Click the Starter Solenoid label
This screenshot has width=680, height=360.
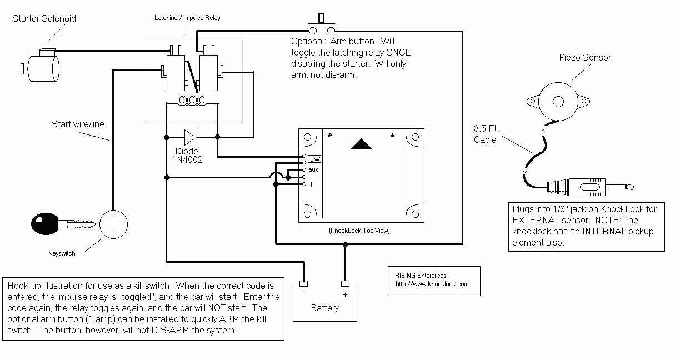coord(44,18)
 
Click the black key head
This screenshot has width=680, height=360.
coord(44,224)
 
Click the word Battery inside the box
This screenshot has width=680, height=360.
coord(325,308)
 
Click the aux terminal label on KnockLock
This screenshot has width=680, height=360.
coord(313,169)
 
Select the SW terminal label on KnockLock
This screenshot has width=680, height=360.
coord(315,160)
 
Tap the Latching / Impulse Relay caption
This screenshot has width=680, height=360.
coord(187,18)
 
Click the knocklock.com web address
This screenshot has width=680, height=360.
coord(432,284)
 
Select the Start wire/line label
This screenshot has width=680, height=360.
coord(78,124)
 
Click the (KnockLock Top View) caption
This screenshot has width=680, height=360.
coord(359,230)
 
